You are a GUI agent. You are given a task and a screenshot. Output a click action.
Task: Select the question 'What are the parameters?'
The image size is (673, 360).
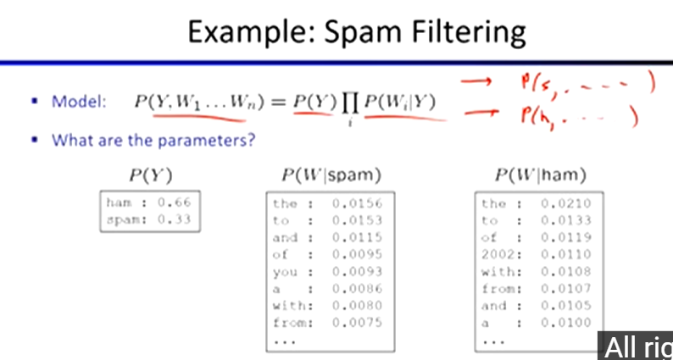153,140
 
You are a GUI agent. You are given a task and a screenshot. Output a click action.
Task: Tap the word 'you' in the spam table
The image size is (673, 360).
284,271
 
